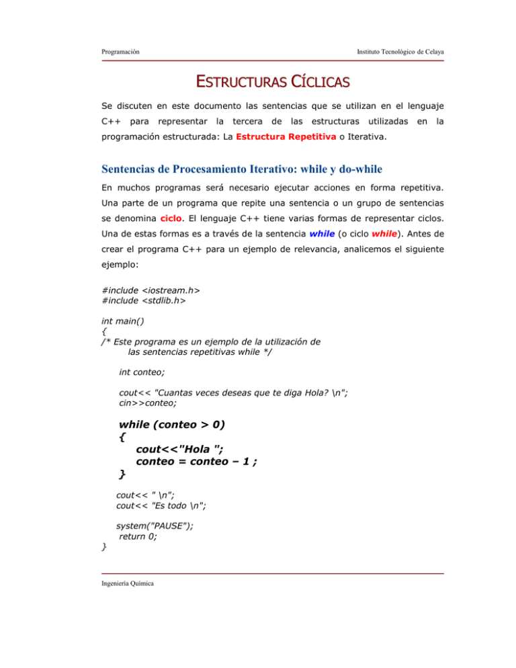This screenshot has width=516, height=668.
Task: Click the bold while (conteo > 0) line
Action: click(173, 463)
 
